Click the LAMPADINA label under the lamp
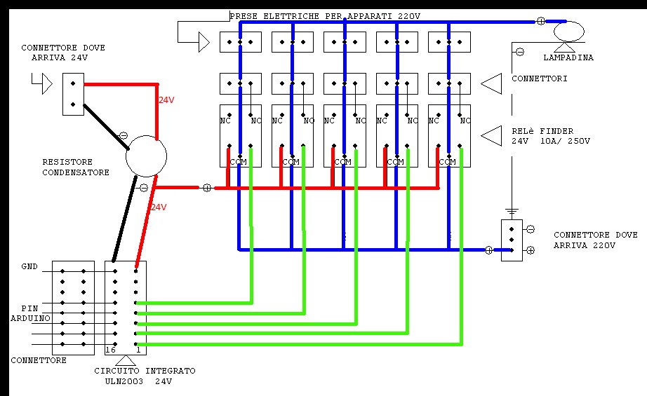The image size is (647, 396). pyautogui.click(x=568, y=57)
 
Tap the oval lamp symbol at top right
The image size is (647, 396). pyautogui.click(x=568, y=32)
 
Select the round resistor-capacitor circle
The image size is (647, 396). pyautogui.click(x=146, y=156)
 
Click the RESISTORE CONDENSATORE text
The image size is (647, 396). pyautogui.click(x=76, y=167)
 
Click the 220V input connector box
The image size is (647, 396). pyautogui.click(x=512, y=240)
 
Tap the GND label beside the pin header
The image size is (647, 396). pyautogui.click(x=29, y=267)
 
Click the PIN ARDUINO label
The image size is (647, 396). pyautogui.click(x=30, y=313)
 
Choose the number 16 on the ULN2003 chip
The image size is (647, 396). pyautogui.click(x=109, y=349)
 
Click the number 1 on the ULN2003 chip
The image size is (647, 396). pyautogui.click(x=139, y=349)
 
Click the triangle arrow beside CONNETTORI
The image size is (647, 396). pyautogui.click(x=492, y=84)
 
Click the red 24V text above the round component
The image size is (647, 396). pyautogui.click(x=166, y=100)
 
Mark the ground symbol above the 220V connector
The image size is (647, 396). pyautogui.click(x=512, y=211)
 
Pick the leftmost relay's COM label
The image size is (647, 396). pyautogui.click(x=239, y=162)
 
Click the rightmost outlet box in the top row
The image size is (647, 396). pyautogui.click(x=449, y=42)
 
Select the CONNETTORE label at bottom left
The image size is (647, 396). pyautogui.click(x=39, y=360)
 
